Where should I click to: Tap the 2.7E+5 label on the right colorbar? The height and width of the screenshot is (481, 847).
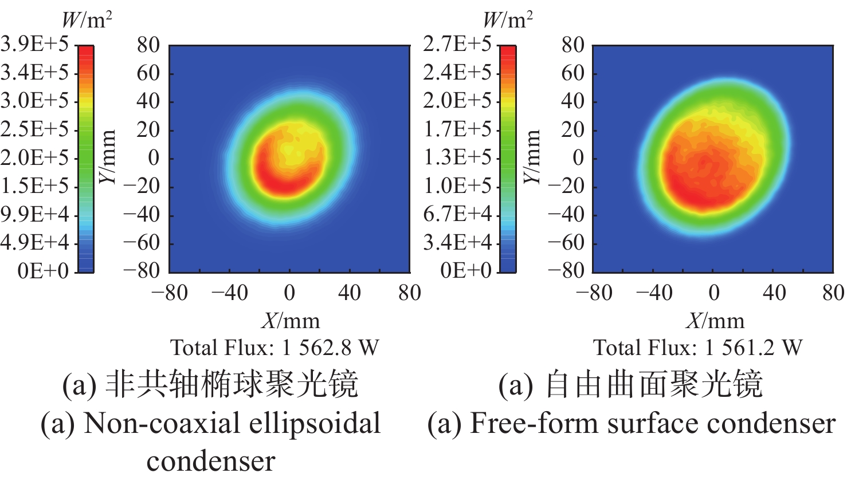[457, 44]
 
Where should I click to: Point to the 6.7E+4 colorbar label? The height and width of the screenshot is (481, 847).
[457, 214]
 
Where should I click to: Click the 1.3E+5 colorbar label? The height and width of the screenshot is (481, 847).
[457, 157]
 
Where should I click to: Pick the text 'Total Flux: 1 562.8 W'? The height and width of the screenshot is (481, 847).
[275, 348]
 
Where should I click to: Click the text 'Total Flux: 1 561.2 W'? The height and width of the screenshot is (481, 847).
[697, 348]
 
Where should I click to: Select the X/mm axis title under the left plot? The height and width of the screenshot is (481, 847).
[291, 321]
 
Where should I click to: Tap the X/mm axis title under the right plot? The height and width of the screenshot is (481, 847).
[715, 321]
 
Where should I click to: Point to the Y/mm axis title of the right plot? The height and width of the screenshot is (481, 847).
[532, 157]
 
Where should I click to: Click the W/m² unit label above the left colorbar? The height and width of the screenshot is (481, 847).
[86, 20]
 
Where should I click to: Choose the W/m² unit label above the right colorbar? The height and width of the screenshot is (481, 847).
[507, 20]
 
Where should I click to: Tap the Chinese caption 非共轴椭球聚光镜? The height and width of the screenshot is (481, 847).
[232, 384]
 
